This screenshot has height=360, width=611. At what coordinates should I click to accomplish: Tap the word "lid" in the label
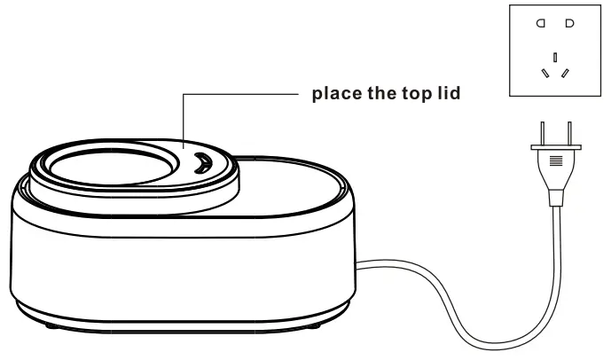click(446, 93)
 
